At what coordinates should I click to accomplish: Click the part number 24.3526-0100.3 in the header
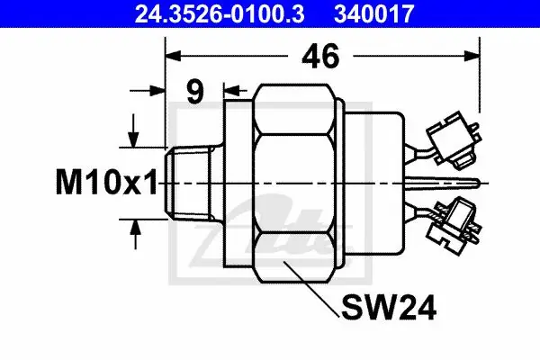tap(220, 13)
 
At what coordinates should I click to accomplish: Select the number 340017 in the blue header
tap(374, 13)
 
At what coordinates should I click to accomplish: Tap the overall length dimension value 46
tap(320, 56)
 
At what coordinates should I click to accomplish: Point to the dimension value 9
tap(195, 92)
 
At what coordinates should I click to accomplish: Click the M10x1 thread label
tap(106, 182)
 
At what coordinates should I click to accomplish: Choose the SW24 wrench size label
tap(389, 308)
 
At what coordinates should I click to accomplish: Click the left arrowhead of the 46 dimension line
tap(173, 56)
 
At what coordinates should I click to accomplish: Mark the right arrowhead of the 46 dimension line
tap(472, 56)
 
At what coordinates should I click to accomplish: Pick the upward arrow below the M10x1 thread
tap(135, 234)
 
